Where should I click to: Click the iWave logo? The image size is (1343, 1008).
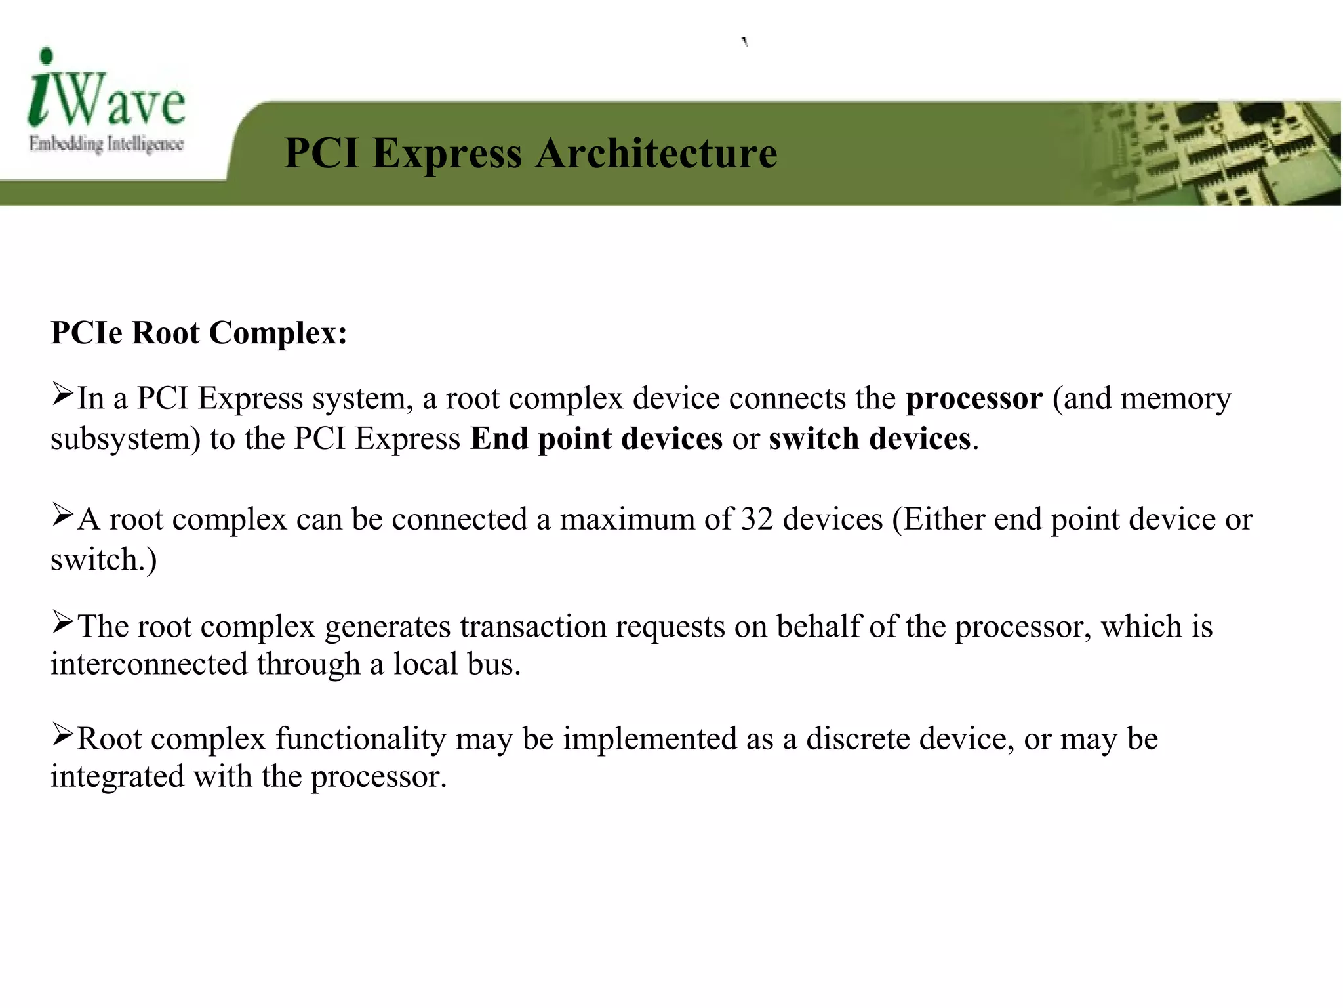click(107, 92)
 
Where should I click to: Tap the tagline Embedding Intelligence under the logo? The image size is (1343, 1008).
click(106, 144)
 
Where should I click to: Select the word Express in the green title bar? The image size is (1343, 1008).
click(447, 154)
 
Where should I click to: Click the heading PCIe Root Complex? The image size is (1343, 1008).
click(199, 333)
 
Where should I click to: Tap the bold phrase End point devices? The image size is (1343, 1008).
click(596, 438)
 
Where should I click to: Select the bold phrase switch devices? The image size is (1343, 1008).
click(870, 438)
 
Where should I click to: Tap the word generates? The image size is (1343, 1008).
click(387, 627)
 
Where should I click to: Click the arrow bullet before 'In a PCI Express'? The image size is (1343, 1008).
click(63, 395)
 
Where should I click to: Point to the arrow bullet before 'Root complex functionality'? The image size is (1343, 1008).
click(63, 735)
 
